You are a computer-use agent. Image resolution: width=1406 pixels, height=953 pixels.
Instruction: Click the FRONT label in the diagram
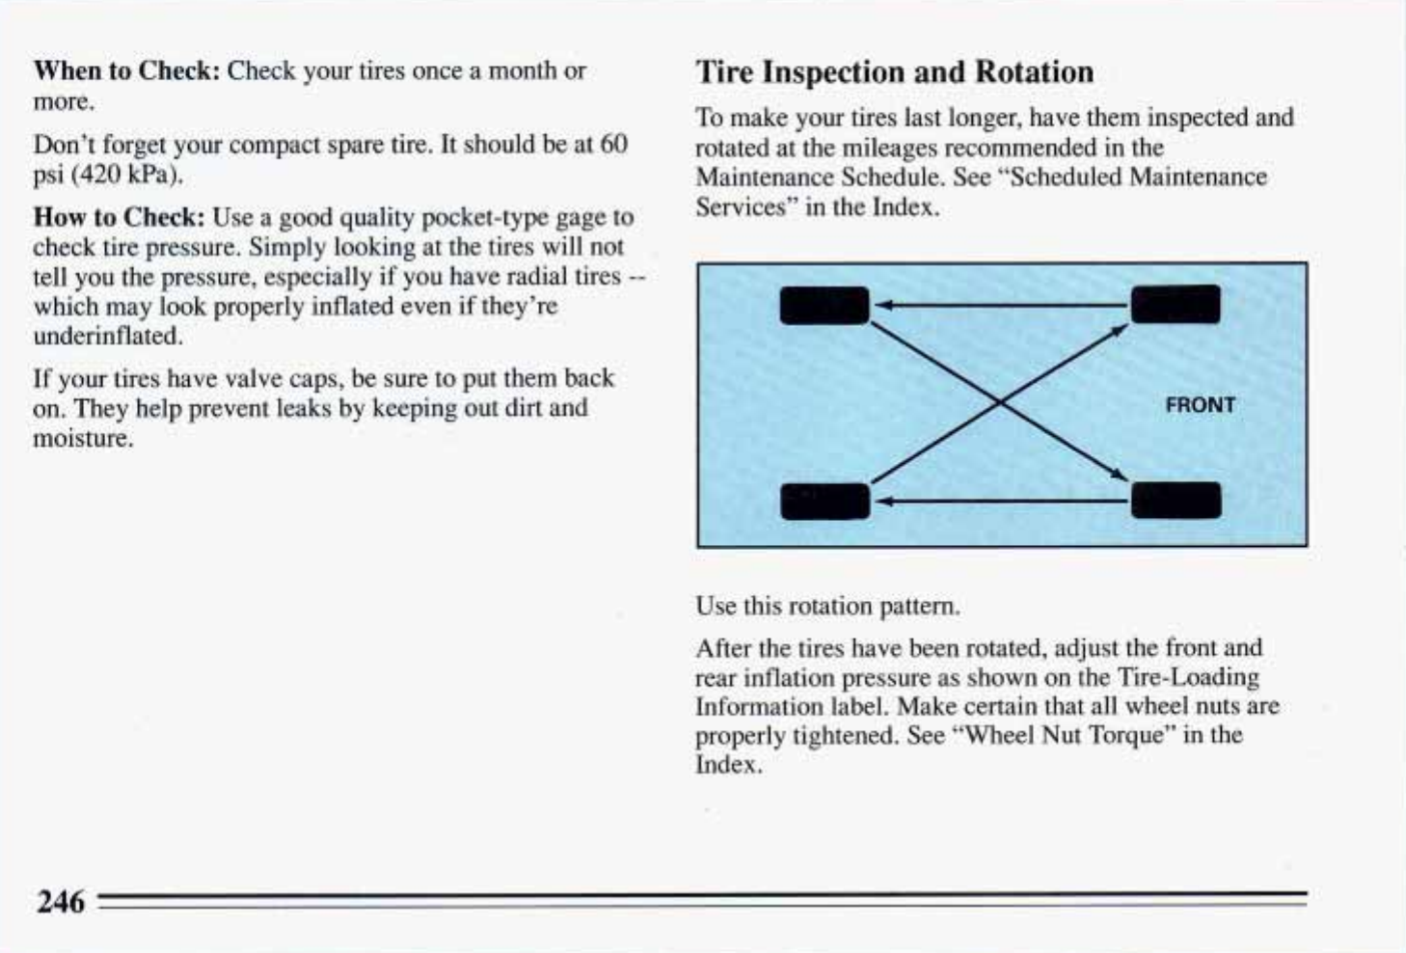point(1200,405)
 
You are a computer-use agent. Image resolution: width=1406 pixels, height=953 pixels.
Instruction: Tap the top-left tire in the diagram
point(824,306)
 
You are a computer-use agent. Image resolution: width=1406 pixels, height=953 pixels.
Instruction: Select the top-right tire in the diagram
point(1175,305)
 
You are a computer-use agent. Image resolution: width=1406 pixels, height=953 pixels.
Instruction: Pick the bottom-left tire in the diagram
point(825,502)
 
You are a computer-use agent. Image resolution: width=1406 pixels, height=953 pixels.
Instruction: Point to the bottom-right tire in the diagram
point(1176,501)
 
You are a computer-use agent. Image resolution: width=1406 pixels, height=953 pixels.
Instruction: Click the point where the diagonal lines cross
point(1000,404)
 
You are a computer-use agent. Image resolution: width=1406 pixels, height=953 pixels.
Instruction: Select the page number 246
point(60,903)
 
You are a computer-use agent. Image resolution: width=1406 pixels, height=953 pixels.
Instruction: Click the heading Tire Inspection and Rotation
point(894,72)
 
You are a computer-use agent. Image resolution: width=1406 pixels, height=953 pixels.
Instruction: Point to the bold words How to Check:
point(119,217)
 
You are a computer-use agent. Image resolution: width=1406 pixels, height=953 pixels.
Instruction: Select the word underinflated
point(107,337)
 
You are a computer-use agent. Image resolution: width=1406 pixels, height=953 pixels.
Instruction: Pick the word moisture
point(82,439)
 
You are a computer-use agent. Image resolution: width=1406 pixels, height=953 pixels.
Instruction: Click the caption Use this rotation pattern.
point(826,607)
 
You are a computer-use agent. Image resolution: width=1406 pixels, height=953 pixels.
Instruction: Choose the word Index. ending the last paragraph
point(728,765)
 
